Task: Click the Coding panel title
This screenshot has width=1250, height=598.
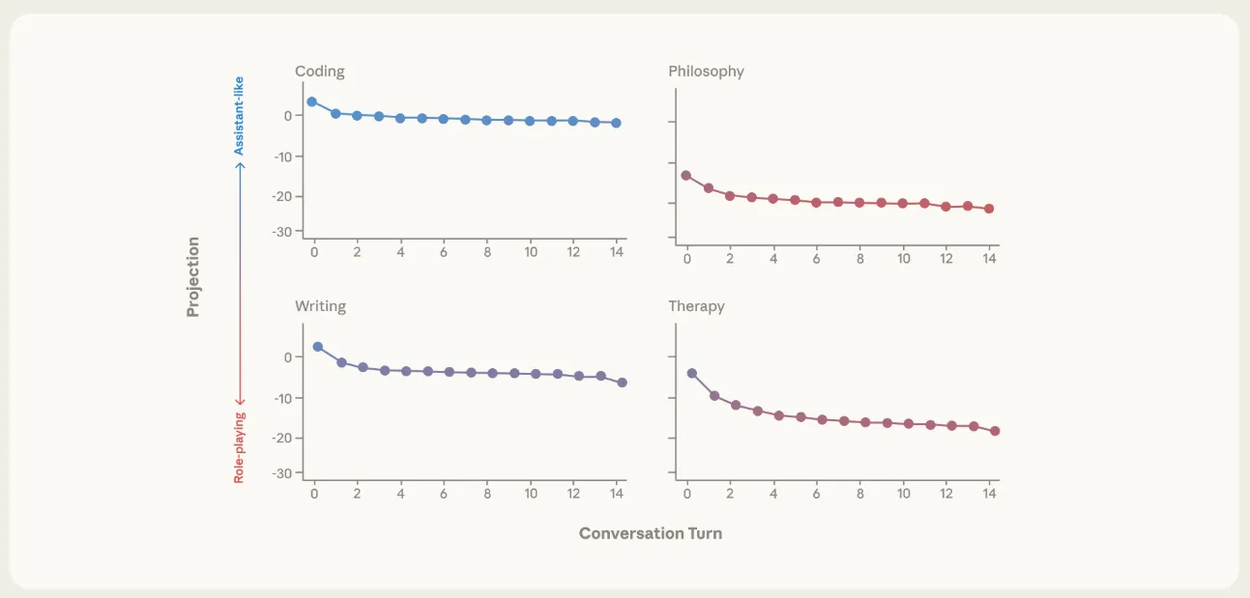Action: pos(319,71)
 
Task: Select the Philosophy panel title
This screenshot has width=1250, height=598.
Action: pos(706,71)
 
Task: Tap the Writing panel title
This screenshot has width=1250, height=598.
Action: pos(320,306)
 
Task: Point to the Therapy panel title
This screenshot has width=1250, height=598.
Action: pos(696,306)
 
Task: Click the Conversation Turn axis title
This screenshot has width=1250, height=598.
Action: pos(650,533)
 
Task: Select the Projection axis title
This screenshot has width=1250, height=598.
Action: pos(193,276)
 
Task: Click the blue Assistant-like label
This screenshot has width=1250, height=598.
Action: pos(240,116)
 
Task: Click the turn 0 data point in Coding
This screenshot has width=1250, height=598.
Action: pos(311,101)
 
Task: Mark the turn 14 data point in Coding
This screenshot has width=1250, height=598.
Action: pos(616,123)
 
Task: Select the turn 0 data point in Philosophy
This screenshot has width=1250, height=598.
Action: pos(686,176)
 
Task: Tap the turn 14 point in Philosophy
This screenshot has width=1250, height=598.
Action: pos(989,209)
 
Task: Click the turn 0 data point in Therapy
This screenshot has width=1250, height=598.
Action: pos(691,373)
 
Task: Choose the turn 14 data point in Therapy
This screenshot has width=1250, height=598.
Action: pos(995,431)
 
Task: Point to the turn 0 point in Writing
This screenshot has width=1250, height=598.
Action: pos(317,347)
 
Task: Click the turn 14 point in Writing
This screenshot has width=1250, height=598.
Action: pos(622,383)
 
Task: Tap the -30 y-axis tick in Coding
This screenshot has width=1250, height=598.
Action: pos(281,232)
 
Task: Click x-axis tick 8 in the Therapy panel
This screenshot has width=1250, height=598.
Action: pos(860,494)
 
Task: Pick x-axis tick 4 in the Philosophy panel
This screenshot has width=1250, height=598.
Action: pos(773,259)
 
